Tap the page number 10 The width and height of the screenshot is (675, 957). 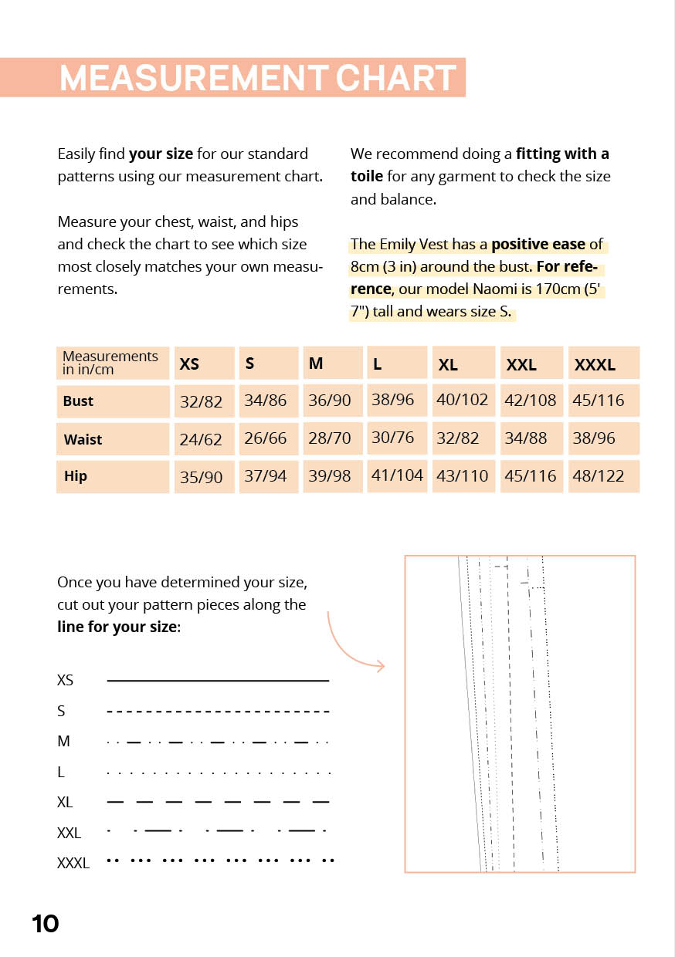46,924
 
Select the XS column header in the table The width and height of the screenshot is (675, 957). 189,364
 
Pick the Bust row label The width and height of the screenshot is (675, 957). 78,401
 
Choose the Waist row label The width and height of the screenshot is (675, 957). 83,439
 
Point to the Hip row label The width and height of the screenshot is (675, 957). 76,476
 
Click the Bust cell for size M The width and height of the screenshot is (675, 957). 330,401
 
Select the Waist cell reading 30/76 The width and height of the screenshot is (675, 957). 393,438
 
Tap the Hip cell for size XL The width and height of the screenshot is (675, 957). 463,476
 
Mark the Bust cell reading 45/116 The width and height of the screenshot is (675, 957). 599,401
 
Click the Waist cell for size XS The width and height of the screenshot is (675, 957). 201,439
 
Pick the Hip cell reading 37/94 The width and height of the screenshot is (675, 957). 266,476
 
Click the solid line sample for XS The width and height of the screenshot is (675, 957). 218,681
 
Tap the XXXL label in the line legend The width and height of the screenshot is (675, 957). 73,864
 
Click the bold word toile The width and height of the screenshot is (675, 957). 367,176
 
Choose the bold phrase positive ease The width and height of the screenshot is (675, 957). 538,245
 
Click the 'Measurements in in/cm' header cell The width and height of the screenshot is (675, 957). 111,363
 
